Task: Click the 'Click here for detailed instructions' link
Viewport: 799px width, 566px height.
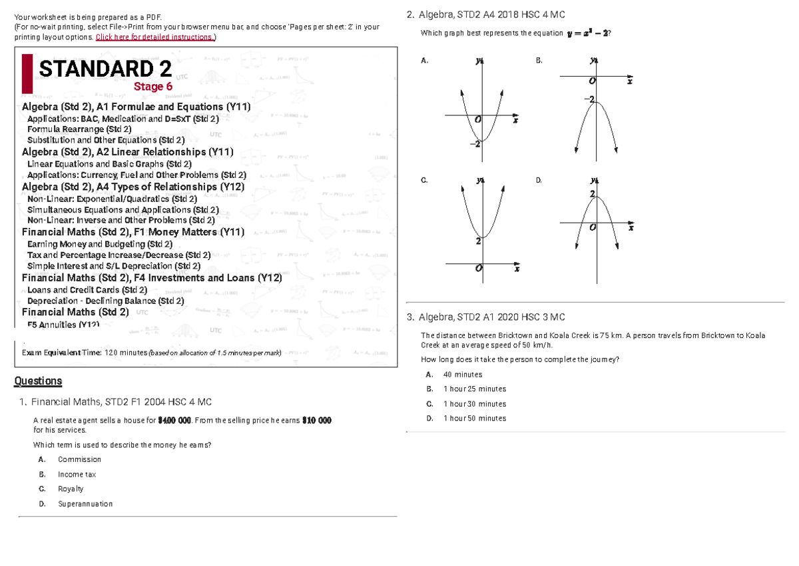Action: pos(154,37)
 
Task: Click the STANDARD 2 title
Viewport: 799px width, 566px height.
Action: pos(105,69)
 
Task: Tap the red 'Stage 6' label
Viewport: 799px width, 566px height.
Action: pos(153,87)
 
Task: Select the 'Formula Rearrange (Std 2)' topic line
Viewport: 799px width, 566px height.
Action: pos(79,129)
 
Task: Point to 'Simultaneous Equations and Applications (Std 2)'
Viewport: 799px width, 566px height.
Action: pos(123,209)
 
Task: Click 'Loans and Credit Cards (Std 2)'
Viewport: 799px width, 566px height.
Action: pos(87,290)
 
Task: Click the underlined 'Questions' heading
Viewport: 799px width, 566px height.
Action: pos(38,381)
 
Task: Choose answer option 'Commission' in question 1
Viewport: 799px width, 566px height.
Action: pos(79,459)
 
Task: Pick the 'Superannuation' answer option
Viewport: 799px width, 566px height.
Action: pos(85,504)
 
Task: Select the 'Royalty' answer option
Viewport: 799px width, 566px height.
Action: pos(71,489)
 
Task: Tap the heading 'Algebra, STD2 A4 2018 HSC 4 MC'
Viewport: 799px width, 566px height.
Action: pos(491,15)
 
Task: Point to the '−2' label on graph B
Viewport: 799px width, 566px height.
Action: pos(588,99)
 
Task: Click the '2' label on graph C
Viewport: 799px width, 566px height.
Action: pos(477,242)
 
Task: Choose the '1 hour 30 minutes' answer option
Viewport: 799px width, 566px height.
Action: pos(474,404)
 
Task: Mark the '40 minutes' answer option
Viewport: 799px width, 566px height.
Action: pos(462,375)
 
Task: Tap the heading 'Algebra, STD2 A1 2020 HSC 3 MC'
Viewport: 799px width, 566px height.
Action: pos(491,317)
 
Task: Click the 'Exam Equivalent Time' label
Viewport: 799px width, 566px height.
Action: pos(61,353)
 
